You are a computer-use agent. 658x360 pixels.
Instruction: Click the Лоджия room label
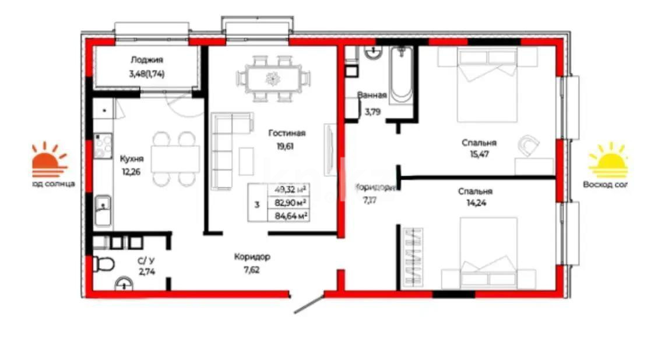coord(146,59)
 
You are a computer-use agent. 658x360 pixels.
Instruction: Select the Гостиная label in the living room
coord(287,133)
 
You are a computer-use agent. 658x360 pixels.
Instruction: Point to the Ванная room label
coord(372,96)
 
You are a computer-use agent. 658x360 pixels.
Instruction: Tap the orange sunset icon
coord(50,161)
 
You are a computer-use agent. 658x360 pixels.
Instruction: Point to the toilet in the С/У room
coord(103,264)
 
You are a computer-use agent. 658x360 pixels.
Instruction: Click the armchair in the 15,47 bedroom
coord(529,144)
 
